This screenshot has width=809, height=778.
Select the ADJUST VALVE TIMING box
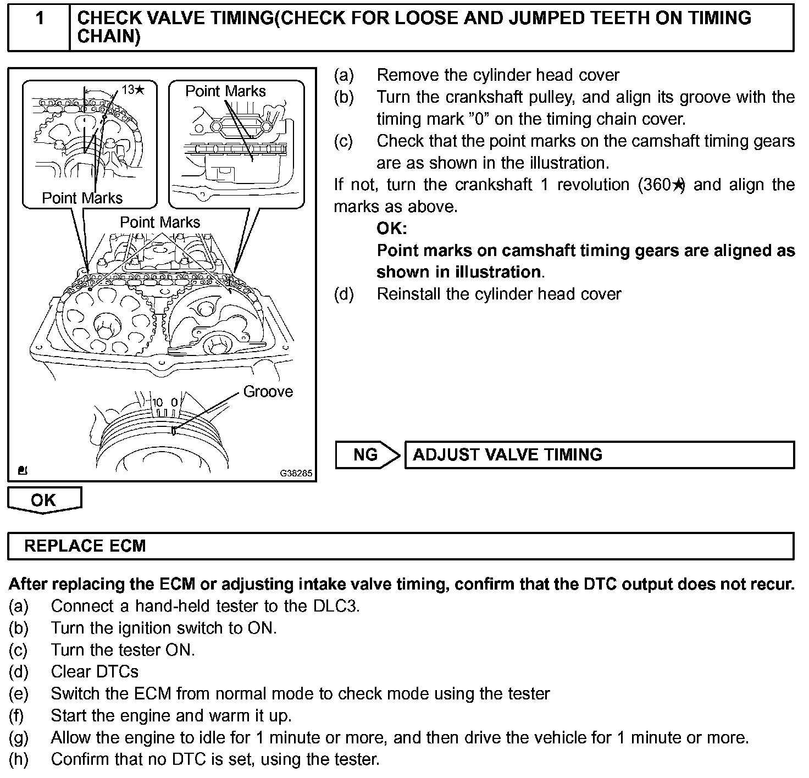coord(599,455)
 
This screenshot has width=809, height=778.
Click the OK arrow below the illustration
coord(44,500)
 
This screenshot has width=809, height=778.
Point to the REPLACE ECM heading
coord(85,546)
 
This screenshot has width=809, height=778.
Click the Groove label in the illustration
coord(268,392)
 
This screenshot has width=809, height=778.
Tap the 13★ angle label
coord(133,90)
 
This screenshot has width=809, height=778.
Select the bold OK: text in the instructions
coord(391,229)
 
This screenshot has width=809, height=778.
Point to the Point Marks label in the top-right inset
coord(225,91)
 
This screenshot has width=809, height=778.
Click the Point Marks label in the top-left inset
coord(82,198)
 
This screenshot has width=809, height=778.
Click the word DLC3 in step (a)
coord(336,606)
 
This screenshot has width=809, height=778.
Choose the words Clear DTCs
coord(95,671)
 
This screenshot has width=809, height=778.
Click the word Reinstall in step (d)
coord(409,294)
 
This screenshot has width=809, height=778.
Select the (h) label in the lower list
coord(18,759)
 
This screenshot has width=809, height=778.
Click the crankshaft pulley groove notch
coord(174,430)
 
